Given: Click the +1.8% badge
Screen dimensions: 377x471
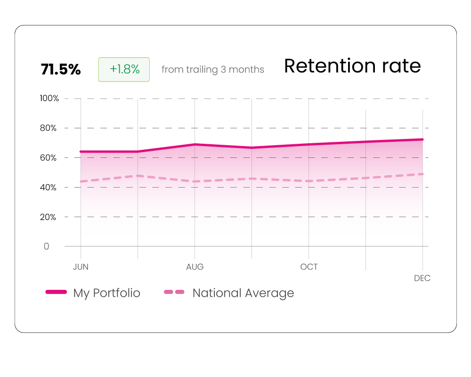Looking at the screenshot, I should pyautogui.click(x=124, y=69).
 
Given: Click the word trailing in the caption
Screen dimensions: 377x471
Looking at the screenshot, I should pyautogui.click(x=202, y=70).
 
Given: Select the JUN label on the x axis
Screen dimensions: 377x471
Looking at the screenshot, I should pyautogui.click(x=81, y=267).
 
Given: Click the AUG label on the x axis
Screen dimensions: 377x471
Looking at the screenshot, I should pyautogui.click(x=195, y=267).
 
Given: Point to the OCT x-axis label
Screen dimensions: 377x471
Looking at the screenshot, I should pyautogui.click(x=309, y=267).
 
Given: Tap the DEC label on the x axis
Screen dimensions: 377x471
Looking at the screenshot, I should pyautogui.click(x=422, y=278).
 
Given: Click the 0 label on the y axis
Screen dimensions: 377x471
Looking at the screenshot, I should pyautogui.click(x=46, y=246).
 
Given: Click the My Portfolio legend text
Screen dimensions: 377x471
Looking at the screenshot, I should pyautogui.click(x=106, y=293).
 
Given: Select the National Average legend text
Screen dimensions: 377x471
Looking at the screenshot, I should pyautogui.click(x=243, y=293).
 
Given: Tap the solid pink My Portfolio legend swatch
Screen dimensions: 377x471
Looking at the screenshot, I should pyautogui.click(x=56, y=292).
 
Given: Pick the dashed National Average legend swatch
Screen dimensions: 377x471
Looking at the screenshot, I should pyautogui.click(x=174, y=292).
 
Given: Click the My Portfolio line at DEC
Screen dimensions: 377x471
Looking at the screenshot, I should pyautogui.click(x=422, y=139).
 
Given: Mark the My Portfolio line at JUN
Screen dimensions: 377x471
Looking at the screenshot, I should pyautogui.click(x=81, y=152).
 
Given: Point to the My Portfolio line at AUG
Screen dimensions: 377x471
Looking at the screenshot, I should pyautogui.click(x=195, y=144).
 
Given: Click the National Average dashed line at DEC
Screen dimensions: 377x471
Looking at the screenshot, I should pyautogui.click(x=422, y=174).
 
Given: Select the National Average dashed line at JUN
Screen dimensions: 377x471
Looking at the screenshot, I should pyautogui.click(x=81, y=181).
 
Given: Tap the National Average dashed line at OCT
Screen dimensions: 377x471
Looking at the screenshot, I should pyautogui.click(x=309, y=181).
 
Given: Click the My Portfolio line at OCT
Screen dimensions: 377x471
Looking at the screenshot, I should pyautogui.click(x=309, y=144).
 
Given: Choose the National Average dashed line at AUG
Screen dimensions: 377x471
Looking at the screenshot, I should pyautogui.click(x=195, y=181).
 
